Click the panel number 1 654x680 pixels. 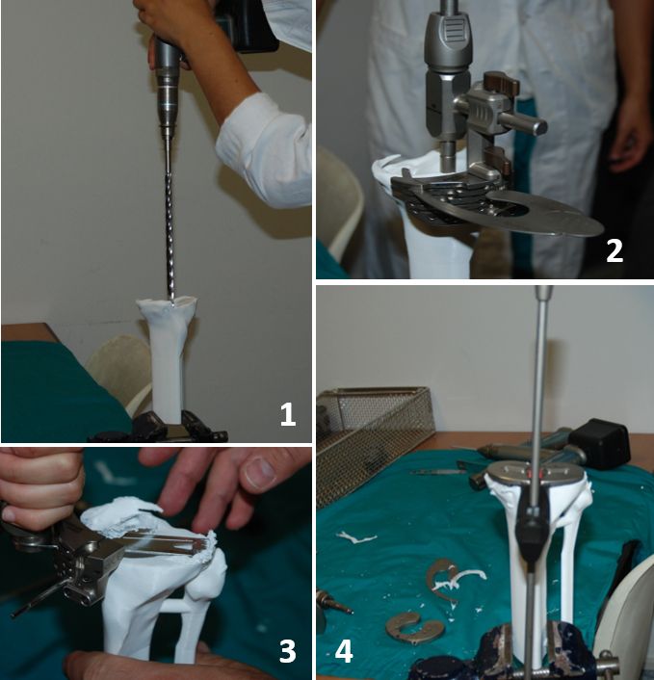pyautogui.click(x=288, y=414)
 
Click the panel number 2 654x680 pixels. pyautogui.click(x=615, y=250)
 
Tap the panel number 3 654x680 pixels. pyautogui.click(x=287, y=651)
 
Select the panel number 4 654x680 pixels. pyautogui.click(x=344, y=651)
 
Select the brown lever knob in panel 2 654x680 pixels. pyautogui.click(x=502, y=82)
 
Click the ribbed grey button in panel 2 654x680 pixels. pyautogui.click(x=449, y=32)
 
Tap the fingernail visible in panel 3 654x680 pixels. pyautogui.click(x=258, y=474)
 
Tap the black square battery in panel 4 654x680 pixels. pyautogui.click(x=600, y=444)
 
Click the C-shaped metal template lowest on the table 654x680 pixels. pyautogui.click(x=410, y=628)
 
